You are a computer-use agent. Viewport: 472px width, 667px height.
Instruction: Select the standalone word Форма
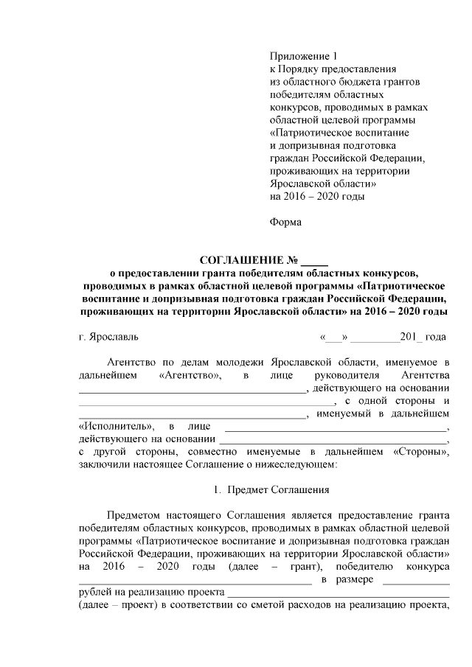tap(286, 220)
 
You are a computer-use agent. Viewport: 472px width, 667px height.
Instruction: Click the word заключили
tap(103, 464)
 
